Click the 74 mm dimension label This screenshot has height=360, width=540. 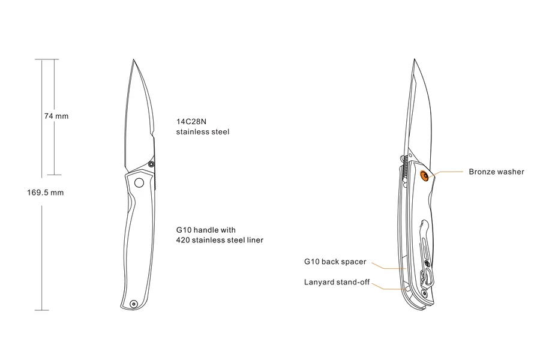(x=56, y=116)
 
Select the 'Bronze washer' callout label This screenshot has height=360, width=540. (x=496, y=172)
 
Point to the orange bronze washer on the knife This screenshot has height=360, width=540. (x=425, y=175)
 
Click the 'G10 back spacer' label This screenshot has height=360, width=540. (x=335, y=262)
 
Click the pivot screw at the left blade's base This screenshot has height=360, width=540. (x=151, y=163)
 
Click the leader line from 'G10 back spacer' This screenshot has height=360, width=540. (x=384, y=265)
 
